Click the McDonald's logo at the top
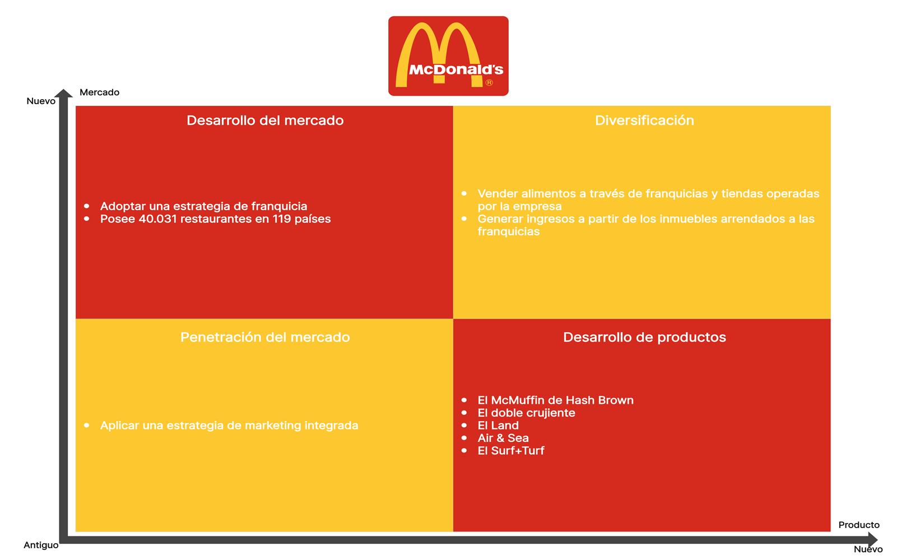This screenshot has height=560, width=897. tap(448, 56)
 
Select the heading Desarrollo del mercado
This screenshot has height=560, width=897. tap(265, 120)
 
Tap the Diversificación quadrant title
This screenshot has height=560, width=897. tap(644, 120)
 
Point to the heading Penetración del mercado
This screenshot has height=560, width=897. tap(265, 337)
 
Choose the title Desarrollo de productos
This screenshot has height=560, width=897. tap(644, 337)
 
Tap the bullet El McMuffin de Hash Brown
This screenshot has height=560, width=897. tap(555, 400)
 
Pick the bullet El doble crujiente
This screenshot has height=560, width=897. tap(526, 413)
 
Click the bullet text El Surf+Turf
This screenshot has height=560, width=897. tap(510, 451)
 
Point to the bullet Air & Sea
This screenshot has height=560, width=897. tap(503, 438)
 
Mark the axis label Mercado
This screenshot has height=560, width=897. tap(99, 92)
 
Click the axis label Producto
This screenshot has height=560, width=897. tap(858, 525)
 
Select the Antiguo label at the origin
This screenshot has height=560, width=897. tap(41, 545)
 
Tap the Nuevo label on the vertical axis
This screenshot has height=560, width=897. tap(41, 101)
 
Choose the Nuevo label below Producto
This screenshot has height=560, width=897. tap(868, 549)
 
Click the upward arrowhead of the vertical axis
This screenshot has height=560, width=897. tap(64, 94)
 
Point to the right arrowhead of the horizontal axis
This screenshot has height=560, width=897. tap(872, 540)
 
